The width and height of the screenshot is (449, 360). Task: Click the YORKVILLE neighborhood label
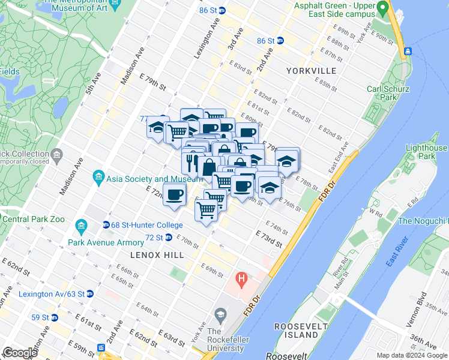pyautogui.click(x=311, y=71)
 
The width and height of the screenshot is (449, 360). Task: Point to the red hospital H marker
pyautogui.click(x=242, y=278)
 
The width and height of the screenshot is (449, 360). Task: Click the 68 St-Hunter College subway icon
pyautogui.click(x=106, y=225)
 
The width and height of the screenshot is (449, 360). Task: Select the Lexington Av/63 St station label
pyautogui.click(x=55, y=294)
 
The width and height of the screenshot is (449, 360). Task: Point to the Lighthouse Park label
pyautogui.click(x=427, y=152)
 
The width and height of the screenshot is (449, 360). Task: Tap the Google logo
pyautogui.click(x=20, y=353)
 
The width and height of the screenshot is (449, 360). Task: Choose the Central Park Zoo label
pyautogui.click(x=32, y=219)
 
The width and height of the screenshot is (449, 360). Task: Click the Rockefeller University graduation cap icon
pyautogui.click(x=221, y=315)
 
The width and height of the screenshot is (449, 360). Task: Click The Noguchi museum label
pyautogui.click(x=423, y=221)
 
